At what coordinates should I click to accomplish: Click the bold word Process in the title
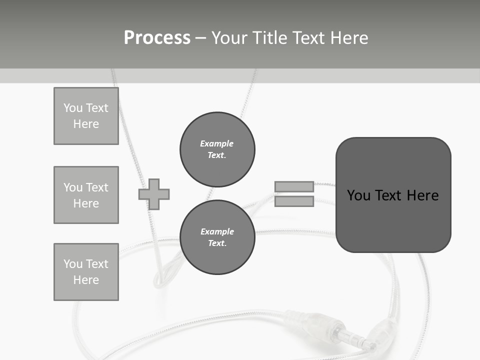point(157,38)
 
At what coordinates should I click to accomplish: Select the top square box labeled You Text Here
point(86,116)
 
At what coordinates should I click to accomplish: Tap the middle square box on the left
point(86,195)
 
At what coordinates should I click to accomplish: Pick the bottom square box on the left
point(86,272)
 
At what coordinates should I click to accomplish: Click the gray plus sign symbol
point(154,194)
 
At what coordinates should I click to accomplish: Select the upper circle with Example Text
point(217,149)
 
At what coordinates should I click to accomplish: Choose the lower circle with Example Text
point(217,237)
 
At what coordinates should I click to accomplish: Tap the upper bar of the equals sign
point(294,187)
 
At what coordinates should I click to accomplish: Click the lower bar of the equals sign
point(294,201)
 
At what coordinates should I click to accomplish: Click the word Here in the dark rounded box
point(423,195)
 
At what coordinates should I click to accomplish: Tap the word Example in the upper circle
point(216,143)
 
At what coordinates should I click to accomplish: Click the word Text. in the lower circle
point(217,243)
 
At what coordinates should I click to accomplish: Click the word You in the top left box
point(72,108)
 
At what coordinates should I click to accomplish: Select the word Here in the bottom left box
point(86,280)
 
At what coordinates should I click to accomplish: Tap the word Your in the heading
point(229,38)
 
